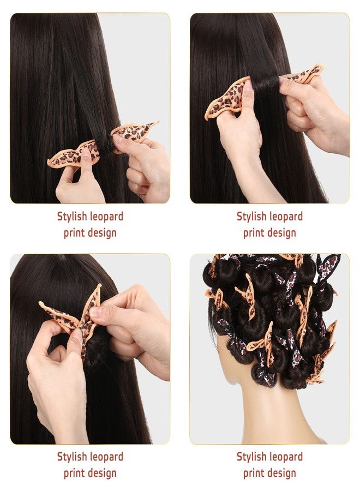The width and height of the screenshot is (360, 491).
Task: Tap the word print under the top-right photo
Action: (254, 233)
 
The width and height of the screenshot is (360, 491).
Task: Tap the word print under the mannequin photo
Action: (254, 473)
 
